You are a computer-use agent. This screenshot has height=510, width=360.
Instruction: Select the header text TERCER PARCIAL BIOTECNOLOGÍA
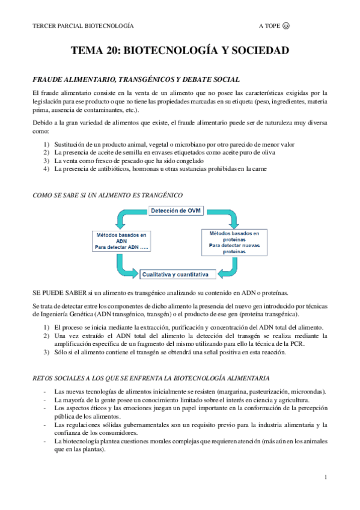pyautogui.click(x=82, y=26)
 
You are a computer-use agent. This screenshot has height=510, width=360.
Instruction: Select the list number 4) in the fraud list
pyautogui.click(x=46, y=169)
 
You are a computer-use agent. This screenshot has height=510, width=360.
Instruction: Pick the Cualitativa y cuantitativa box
pyautogui.click(x=175, y=275)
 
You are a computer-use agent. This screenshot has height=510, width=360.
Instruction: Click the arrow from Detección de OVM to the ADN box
pyautogui.click(x=129, y=217)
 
